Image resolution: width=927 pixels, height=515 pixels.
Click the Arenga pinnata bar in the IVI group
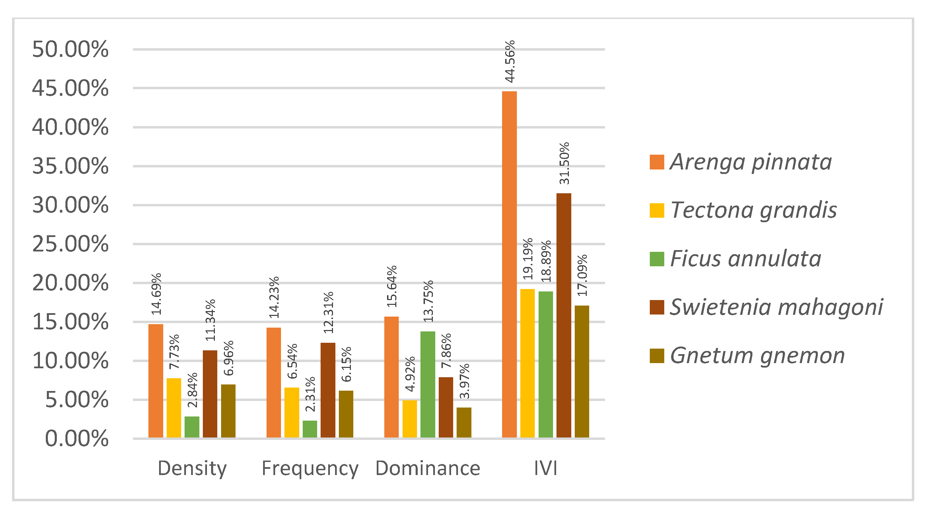pos(509,265)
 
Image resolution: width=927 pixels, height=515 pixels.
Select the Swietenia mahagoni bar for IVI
pos(564,315)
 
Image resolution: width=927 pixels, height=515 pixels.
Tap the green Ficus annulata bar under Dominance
pos(427,384)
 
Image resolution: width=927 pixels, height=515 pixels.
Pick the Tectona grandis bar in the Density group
pos(174,408)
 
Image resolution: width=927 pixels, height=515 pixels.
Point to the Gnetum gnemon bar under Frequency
pos(346,414)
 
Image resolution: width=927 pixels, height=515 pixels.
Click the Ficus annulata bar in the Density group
pos(192,427)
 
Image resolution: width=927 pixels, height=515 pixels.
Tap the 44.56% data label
pos(510,62)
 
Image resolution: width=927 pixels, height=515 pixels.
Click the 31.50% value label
pos(564,163)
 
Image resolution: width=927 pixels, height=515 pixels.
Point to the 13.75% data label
pos(428,301)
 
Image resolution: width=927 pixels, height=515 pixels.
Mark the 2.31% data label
pos(310,394)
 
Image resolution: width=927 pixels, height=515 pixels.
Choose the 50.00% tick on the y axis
pos(70,49)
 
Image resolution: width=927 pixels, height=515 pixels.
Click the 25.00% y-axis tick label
pos(70,244)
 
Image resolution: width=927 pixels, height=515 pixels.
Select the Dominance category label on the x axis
pos(427,468)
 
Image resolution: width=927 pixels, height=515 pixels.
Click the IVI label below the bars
pos(545,468)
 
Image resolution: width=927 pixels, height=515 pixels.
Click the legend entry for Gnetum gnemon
pos(747,356)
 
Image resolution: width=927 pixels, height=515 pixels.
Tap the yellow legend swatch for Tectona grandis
pos(657,210)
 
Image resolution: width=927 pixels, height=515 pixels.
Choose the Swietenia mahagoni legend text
pos(777,307)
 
